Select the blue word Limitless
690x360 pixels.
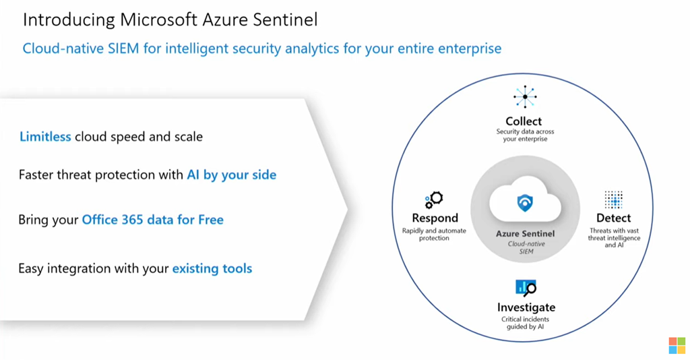(x=45, y=137)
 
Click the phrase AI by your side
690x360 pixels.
(x=231, y=175)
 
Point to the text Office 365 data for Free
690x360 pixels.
(x=152, y=220)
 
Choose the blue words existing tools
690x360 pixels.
(x=212, y=268)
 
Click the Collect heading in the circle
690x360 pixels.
(x=524, y=121)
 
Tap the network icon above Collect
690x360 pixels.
(x=524, y=97)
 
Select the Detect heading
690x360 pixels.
(x=613, y=218)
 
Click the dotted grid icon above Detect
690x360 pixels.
(x=613, y=200)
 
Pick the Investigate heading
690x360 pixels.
(x=526, y=307)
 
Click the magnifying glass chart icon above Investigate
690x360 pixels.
(x=526, y=288)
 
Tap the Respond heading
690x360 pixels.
(x=435, y=218)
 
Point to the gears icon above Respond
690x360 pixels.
(x=434, y=200)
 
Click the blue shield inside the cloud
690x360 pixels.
(x=525, y=203)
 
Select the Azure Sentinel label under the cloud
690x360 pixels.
(x=525, y=234)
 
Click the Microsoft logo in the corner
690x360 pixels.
(x=677, y=345)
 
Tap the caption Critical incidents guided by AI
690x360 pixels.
(x=526, y=323)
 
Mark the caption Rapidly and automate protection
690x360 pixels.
(x=434, y=235)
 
